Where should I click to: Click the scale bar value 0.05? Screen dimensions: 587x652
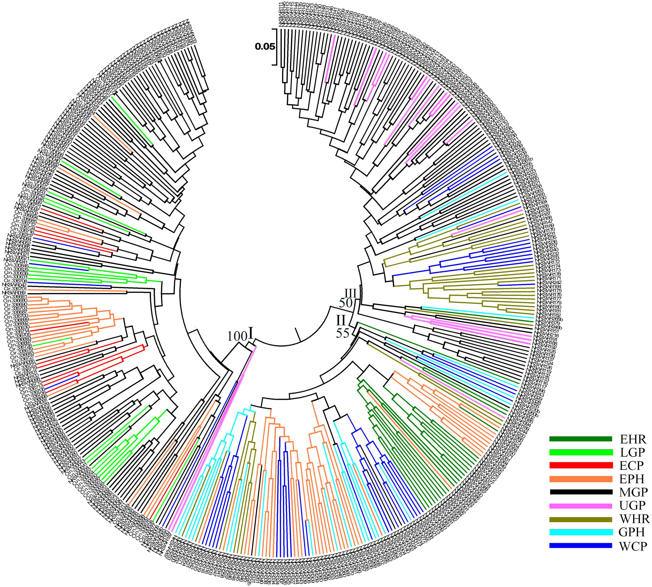tap(265, 47)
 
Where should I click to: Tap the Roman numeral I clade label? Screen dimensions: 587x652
tap(251, 334)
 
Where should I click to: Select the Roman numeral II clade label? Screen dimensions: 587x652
tap(341, 321)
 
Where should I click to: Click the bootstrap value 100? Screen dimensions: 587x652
tap(237, 336)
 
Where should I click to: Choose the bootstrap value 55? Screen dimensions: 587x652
tap(343, 333)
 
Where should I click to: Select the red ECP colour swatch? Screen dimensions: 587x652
tap(580, 465)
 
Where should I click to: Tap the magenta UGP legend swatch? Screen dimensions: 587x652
tap(580, 505)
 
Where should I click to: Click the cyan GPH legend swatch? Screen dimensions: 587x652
tap(580, 532)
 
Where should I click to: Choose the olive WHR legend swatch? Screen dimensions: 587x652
tap(580, 519)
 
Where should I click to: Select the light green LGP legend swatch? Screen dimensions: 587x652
tap(580, 452)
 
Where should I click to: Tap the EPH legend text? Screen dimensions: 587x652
tap(632, 479)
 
